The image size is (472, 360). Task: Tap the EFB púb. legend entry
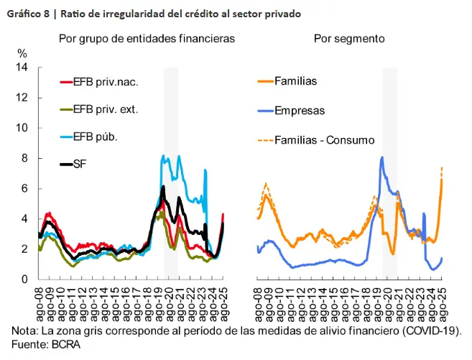pyautogui.click(x=95, y=137)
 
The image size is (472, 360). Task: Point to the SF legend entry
pyautogui.click(x=80, y=165)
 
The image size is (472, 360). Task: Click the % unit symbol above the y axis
pyautogui.click(x=22, y=53)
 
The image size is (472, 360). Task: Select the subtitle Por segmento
pyautogui.click(x=349, y=38)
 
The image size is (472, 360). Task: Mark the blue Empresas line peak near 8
pyautogui.click(x=381, y=157)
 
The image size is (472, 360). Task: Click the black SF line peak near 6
pyautogui.click(x=164, y=187)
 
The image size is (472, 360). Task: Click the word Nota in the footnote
pyautogui.click(x=24, y=331)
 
